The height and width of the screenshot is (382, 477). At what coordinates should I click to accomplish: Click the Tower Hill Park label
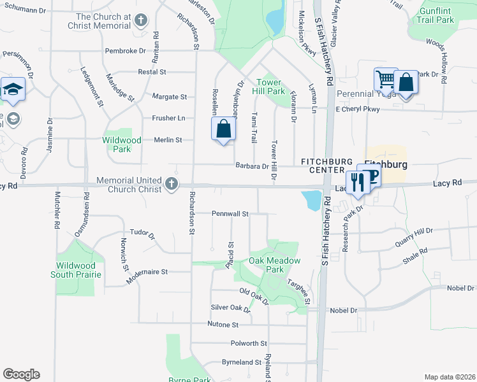pos(271,87)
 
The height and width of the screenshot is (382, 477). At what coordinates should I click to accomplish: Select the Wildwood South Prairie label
pos(76,270)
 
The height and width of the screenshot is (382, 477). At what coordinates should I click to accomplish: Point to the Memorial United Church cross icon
pos(171,185)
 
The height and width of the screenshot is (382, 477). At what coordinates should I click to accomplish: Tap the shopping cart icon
pos(385,80)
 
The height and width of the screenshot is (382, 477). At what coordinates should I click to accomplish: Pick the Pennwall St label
pos(230,214)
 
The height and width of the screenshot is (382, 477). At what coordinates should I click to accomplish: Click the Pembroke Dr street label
pos(125,50)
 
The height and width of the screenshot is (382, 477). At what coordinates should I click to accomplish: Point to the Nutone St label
pos(223,324)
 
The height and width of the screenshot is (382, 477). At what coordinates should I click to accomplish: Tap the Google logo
pos(21,374)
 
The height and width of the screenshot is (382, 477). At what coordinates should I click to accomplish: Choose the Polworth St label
pos(249,343)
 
